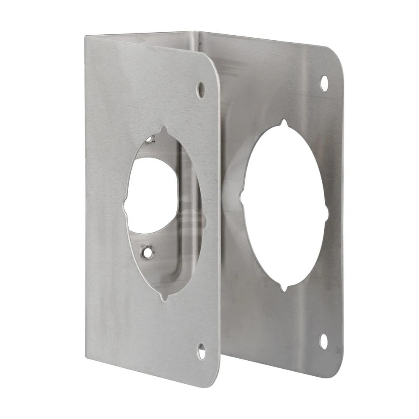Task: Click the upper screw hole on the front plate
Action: (x=201, y=90)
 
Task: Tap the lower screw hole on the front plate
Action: (x=202, y=351)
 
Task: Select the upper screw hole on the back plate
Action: (x=324, y=83)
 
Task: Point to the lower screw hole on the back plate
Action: (x=324, y=341)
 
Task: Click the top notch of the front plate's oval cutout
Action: (x=163, y=129)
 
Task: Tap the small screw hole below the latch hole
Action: (x=147, y=252)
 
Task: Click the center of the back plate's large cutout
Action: (x=285, y=206)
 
